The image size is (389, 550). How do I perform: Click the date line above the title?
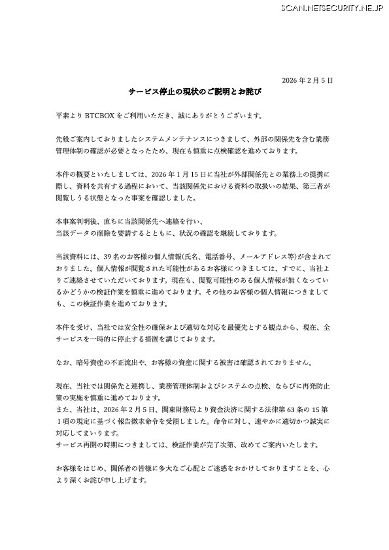[307, 80]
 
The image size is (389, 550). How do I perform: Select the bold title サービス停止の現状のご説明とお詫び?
[194, 93]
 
